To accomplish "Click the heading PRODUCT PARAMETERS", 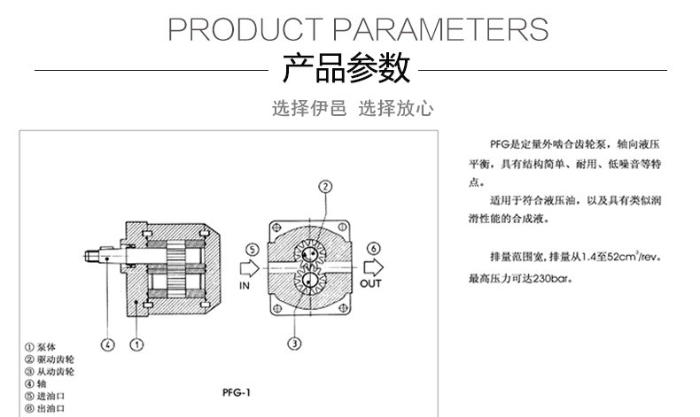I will [358, 30].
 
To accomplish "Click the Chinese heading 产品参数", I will [346, 68].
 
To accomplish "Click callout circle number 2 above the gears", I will [325, 187].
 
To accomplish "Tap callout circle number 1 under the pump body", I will [137, 344].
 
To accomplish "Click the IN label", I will [246, 285].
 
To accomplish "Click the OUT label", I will [370, 283].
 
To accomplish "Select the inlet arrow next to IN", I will [251, 266].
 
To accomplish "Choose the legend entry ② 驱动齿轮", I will [51, 359].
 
